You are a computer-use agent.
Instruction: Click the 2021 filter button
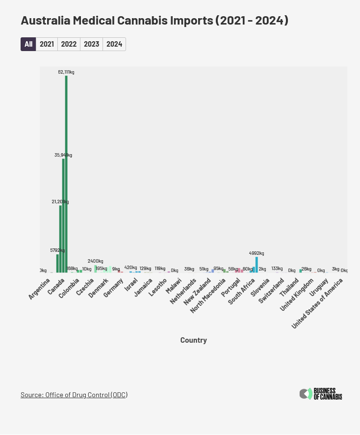point(47,44)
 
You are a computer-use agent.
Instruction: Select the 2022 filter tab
point(69,44)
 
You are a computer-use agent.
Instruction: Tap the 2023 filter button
point(91,44)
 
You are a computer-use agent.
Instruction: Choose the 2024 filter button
point(114,44)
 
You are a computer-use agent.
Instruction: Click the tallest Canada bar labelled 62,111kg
point(66,172)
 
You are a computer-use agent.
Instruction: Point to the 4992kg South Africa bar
point(257,265)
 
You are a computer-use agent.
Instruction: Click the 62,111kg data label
point(66,72)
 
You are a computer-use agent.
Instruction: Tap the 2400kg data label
point(95,261)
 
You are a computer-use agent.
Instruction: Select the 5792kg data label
point(57,250)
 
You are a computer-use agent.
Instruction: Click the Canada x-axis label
point(56,286)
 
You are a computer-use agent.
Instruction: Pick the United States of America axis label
point(318,302)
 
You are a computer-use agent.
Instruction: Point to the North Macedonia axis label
point(208,295)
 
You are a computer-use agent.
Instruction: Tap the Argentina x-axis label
point(39,289)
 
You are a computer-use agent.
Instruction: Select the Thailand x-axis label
point(289,287)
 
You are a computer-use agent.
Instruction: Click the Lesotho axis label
point(158,287)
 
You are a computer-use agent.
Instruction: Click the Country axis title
point(193,340)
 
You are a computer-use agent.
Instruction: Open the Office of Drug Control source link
point(74,395)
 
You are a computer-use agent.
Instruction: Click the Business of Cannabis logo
point(321,394)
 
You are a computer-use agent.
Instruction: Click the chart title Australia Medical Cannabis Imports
point(154,21)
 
